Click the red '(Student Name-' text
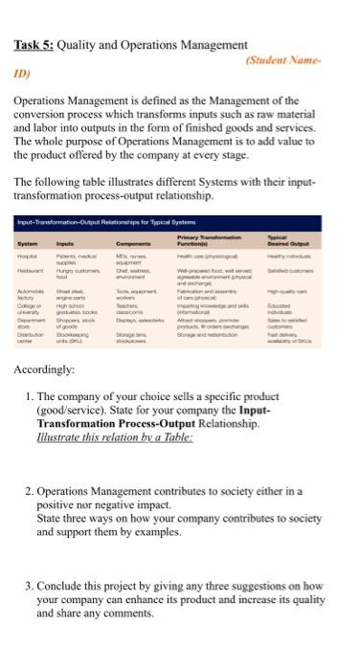[x=305, y=59]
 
